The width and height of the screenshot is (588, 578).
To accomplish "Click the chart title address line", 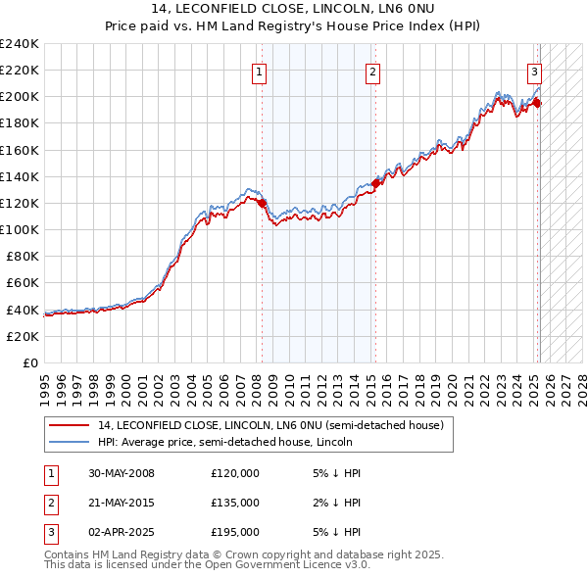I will click(x=294, y=9).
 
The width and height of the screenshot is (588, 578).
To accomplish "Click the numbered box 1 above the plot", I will click(x=260, y=71).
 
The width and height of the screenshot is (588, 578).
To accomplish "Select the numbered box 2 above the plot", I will click(x=374, y=71).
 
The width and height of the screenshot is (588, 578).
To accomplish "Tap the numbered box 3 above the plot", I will click(x=535, y=71).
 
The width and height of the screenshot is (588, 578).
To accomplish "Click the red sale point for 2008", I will click(x=262, y=203).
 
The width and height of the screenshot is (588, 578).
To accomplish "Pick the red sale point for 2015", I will click(x=375, y=183).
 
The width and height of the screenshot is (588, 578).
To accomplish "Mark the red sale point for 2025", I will click(x=537, y=103).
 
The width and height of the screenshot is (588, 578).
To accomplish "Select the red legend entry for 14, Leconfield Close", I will click(x=270, y=425).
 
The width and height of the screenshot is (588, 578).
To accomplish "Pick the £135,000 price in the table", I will click(x=234, y=503).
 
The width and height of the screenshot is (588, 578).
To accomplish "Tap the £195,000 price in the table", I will click(x=234, y=532).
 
